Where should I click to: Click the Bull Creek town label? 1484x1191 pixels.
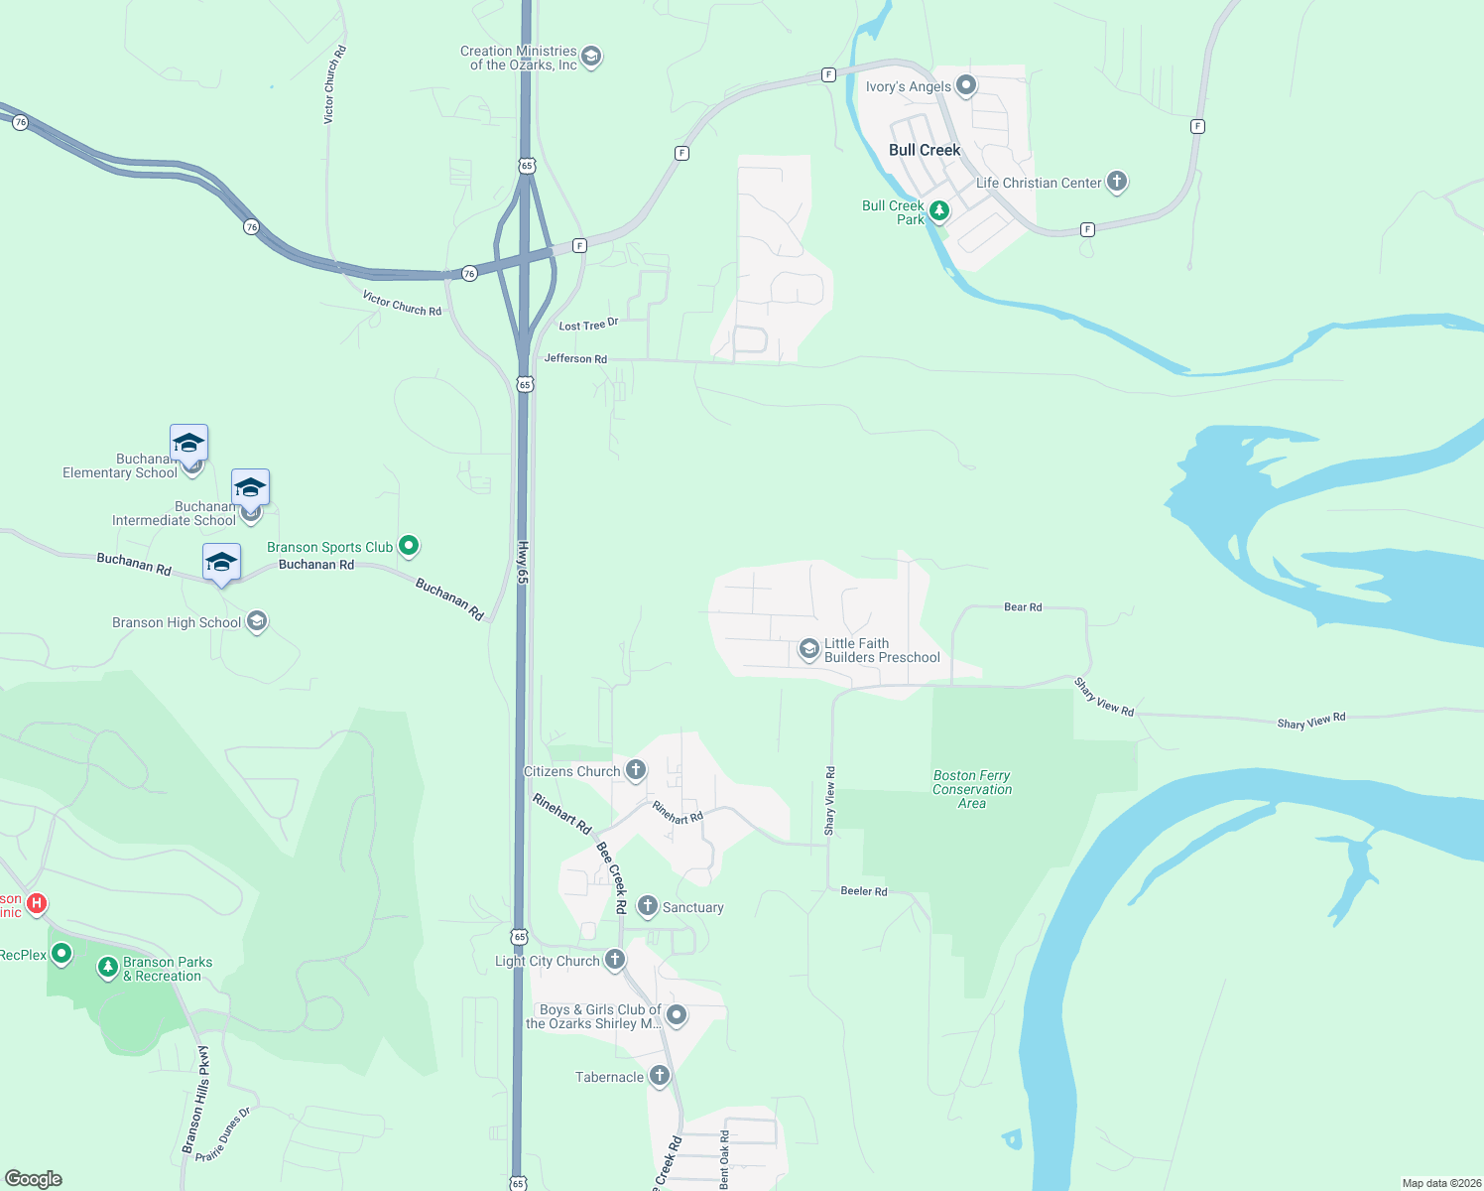(925, 150)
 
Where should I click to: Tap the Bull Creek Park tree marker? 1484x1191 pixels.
(938, 210)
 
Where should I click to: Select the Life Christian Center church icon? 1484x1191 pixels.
(1117, 182)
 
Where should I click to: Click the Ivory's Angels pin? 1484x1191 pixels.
(966, 85)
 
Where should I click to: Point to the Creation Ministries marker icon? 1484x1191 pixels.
(591, 57)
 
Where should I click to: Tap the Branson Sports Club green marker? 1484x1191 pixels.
(409, 545)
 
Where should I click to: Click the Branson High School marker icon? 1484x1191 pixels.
(257, 621)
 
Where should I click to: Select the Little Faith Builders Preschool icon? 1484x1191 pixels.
(809, 649)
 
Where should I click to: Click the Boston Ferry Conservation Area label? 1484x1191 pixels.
(972, 790)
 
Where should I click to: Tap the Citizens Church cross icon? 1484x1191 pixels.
(636, 769)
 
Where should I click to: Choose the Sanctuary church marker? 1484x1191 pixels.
(648, 905)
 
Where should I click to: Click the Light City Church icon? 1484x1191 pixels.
(615, 959)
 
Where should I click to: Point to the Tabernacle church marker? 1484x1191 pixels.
(660, 1076)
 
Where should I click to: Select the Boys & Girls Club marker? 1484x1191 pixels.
(677, 1014)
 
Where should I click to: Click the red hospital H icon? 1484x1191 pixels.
(37, 903)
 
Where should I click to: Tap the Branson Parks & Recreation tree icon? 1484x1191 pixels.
(108, 967)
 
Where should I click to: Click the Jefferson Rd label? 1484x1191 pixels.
(575, 358)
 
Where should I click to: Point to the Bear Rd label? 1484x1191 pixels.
(1023, 607)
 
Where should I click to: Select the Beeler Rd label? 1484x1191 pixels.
(864, 891)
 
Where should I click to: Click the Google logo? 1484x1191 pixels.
(34, 1179)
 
